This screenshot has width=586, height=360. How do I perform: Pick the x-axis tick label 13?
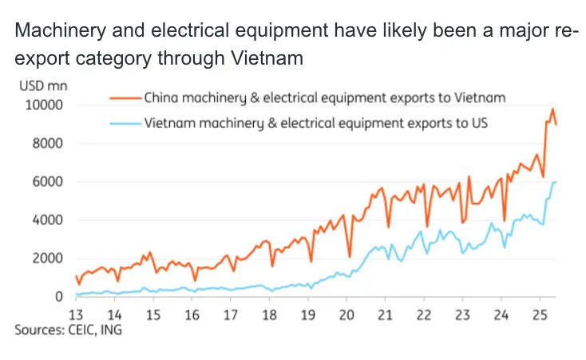click(x=77, y=314)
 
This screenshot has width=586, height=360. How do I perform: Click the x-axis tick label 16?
click(x=192, y=314)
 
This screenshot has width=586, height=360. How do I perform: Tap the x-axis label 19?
click(x=307, y=314)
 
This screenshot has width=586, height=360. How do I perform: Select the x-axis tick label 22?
click(x=423, y=314)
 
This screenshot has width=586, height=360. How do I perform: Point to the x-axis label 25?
click(x=539, y=314)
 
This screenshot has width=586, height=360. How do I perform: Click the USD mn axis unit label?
click(x=38, y=85)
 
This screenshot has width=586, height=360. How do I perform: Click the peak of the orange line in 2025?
click(x=552, y=109)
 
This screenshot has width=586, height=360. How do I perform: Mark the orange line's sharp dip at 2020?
click(x=350, y=256)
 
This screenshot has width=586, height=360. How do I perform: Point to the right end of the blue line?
click(x=556, y=183)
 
